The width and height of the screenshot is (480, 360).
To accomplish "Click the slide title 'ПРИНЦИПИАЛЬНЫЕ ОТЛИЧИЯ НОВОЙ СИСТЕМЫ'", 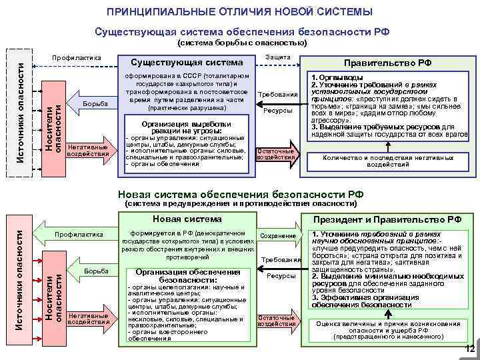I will (240, 12).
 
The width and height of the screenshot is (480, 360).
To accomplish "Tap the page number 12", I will (469, 349).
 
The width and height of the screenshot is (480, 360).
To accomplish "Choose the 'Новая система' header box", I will (187, 219).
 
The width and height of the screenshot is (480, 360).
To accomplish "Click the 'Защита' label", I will (277, 57).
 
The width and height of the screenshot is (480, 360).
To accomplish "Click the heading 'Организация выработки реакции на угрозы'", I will (187, 128).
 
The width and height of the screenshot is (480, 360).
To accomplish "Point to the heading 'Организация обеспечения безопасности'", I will (187, 276).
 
